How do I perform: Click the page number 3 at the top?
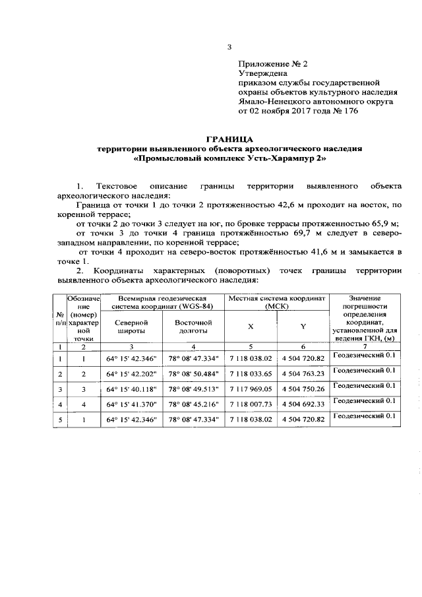tap(229, 46)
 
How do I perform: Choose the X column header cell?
tap(251, 327)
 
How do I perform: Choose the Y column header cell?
tap(303, 327)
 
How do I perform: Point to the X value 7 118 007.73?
tap(251, 404)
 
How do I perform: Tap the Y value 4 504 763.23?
tap(303, 374)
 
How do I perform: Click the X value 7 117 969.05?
tap(251, 389)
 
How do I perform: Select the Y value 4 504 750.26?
tap(303, 389)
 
